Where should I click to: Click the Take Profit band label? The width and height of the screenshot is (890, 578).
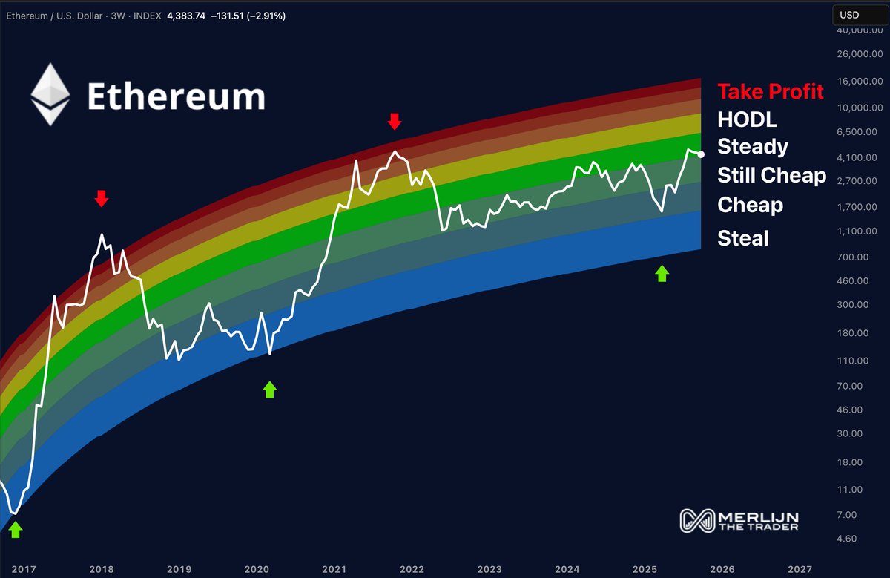[x=771, y=91]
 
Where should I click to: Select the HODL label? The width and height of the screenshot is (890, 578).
[x=747, y=119]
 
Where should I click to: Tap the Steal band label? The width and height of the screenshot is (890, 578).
[x=743, y=238]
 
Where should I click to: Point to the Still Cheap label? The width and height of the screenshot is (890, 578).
[x=771, y=175]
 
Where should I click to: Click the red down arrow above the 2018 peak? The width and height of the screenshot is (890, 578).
[x=102, y=198]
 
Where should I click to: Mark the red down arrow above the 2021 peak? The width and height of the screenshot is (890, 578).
[x=395, y=122]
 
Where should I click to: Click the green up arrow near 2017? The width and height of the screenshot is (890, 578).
[x=15, y=530]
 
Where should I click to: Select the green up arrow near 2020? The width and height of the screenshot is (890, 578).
[x=269, y=389]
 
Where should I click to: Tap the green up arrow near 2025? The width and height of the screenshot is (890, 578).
[x=662, y=274]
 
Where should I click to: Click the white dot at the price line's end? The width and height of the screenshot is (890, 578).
[x=702, y=154]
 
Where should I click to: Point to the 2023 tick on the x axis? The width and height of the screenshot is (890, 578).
[x=489, y=569]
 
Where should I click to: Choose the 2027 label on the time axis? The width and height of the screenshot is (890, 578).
[x=800, y=569]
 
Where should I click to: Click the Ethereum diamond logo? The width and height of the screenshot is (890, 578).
[x=50, y=94]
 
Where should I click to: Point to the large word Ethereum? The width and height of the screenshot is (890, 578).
[x=176, y=96]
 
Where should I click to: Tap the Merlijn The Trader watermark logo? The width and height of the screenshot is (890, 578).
[x=739, y=520]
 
